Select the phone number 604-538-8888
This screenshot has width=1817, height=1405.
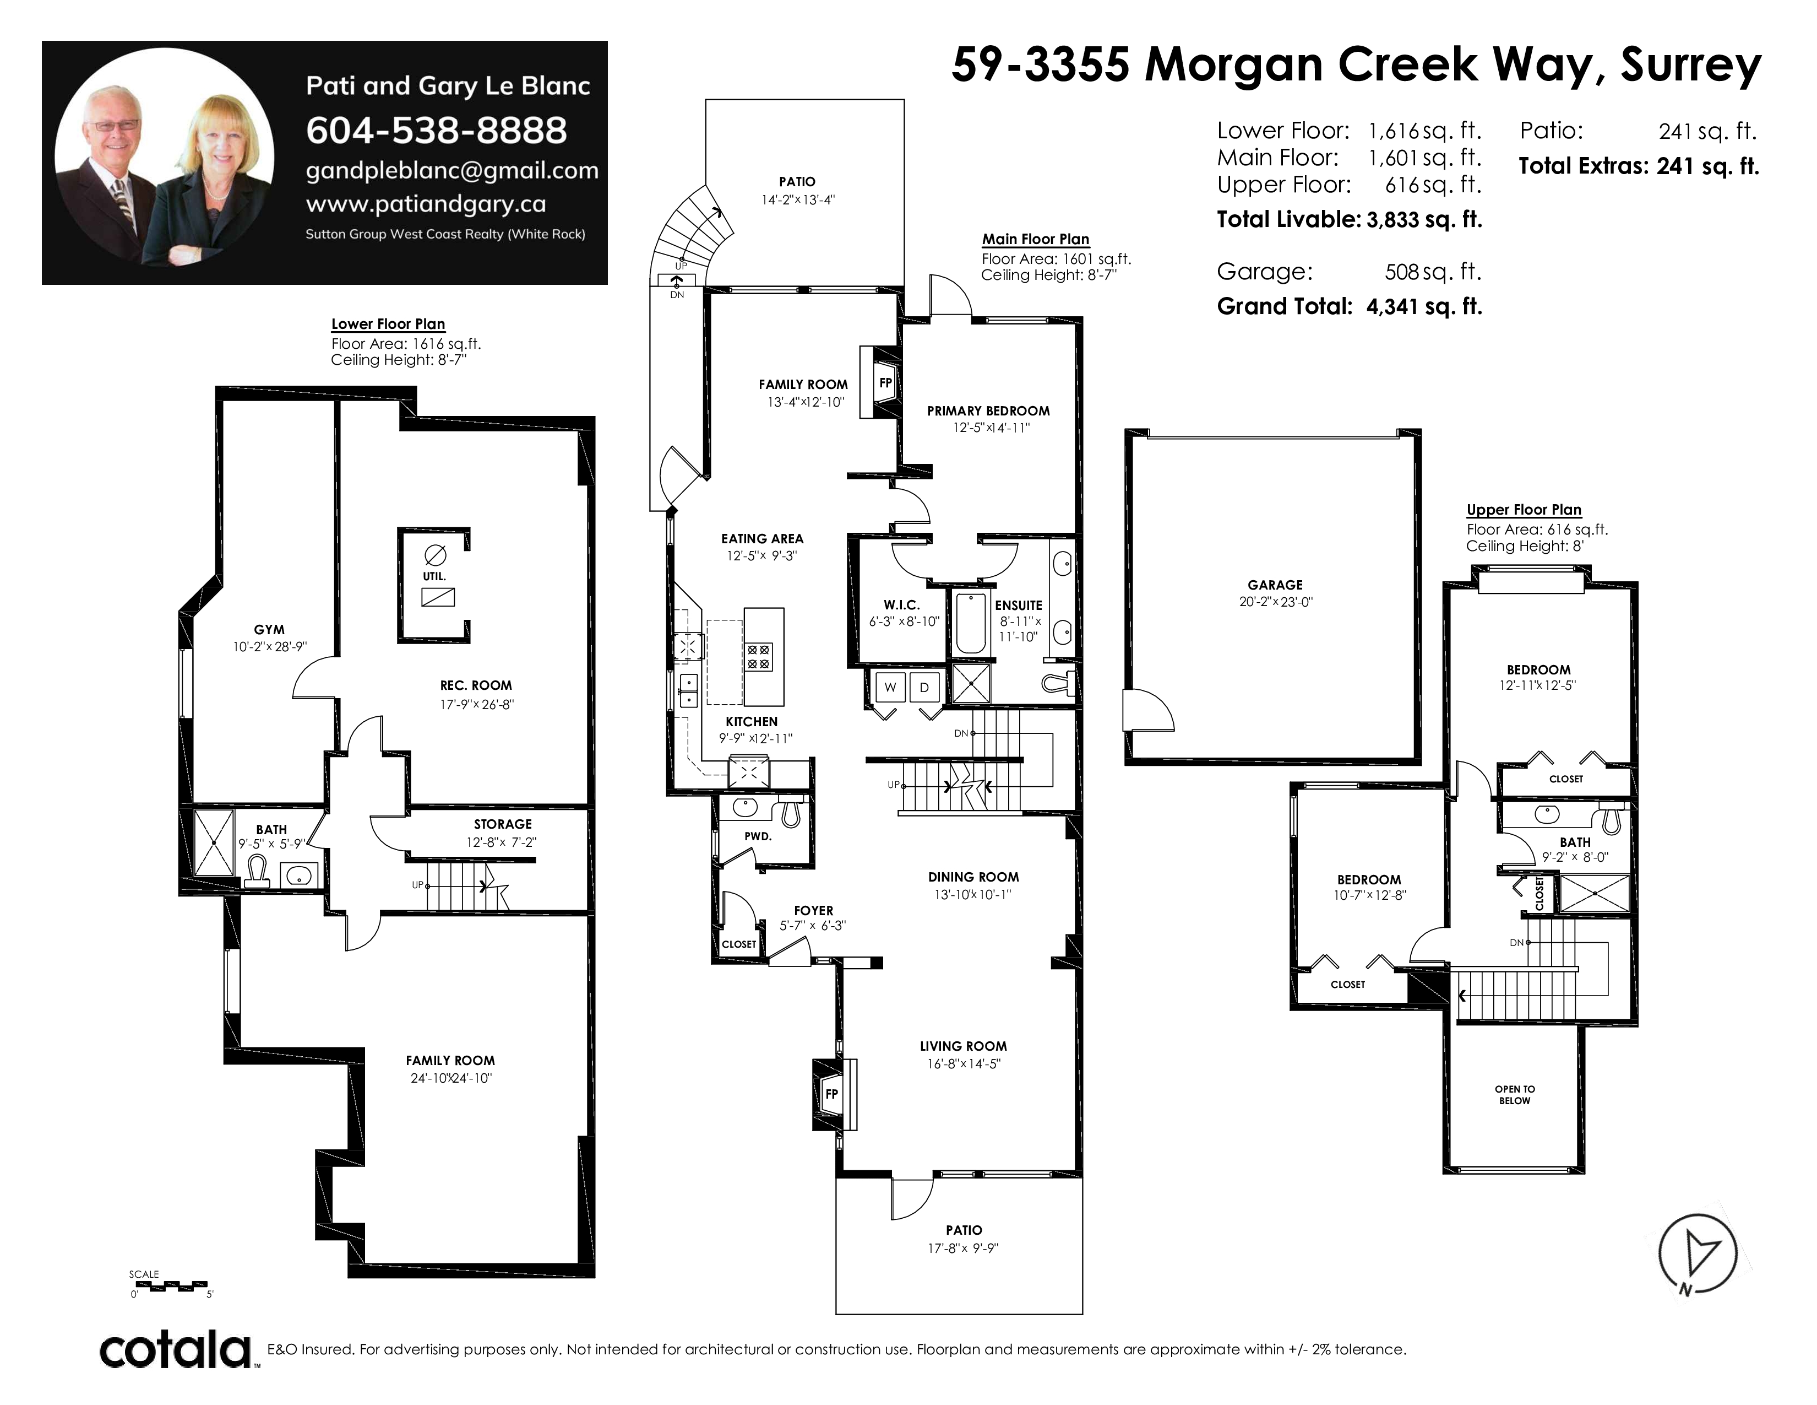pyautogui.click(x=436, y=130)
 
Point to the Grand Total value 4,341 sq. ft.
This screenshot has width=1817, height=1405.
pyautogui.click(x=1424, y=306)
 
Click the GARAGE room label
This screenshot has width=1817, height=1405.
pyautogui.click(x=1275, y=585)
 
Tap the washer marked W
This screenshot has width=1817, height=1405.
pyautogui.click(x=890, y=687)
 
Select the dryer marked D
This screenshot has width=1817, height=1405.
pyautogui.click(x=924, y=687)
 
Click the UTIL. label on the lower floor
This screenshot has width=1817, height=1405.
pyautogui.click(x=434, y=576)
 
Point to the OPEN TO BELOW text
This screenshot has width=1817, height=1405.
pyautogui.click(x=1515, y=1095)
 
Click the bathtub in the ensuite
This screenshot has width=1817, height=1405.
pyautogui.click(x=970, y=623)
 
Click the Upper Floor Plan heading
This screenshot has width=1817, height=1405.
pyautogui.click(x=1524, y=510)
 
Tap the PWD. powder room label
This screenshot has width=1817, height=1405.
pyautogui.click(x=758, y=836)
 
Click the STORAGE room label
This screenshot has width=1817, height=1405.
pyautogui.click(x=503, y=824)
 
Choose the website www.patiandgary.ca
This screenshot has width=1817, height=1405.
pyautogui.click(x=426, y=204)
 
